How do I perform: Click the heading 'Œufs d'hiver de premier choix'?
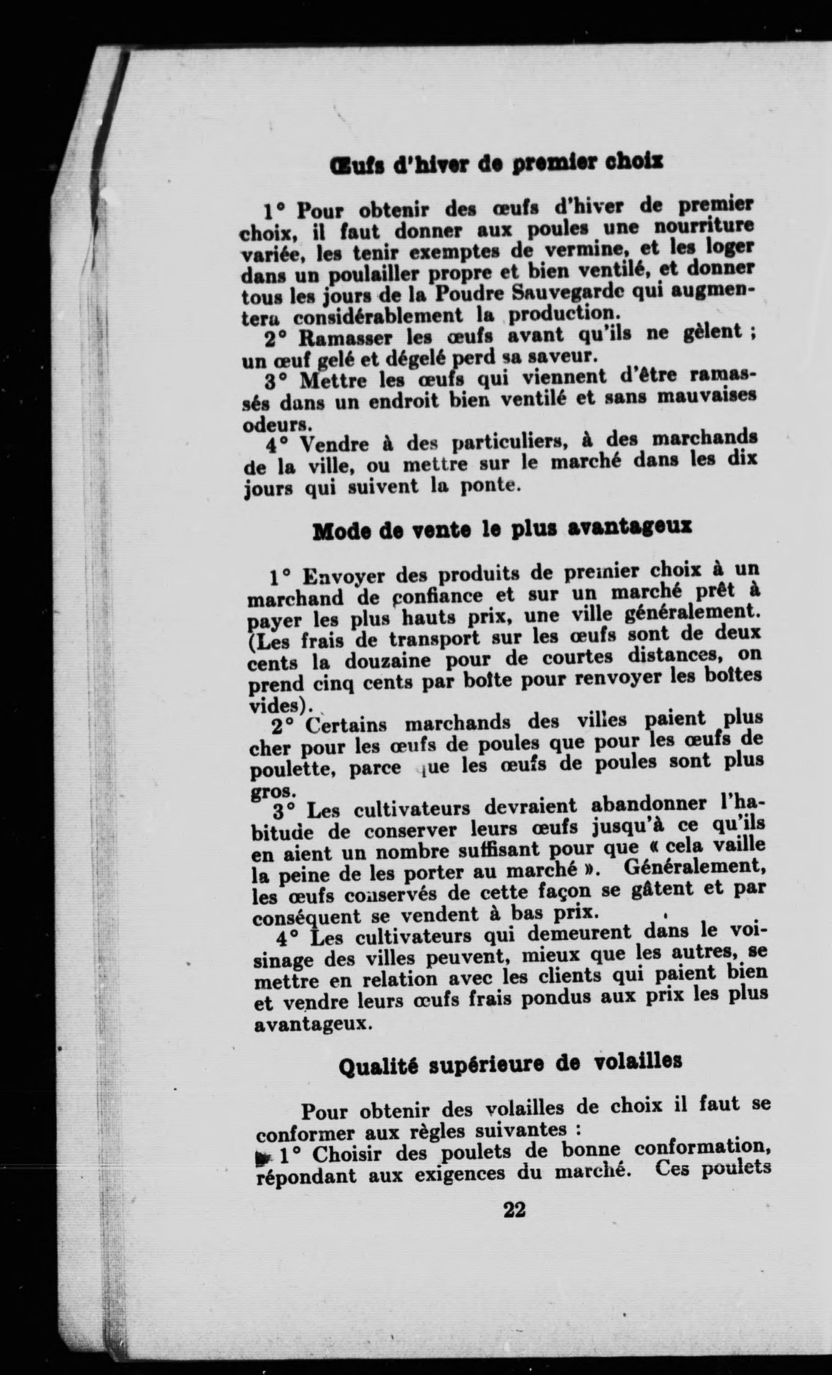[x=496, y=164]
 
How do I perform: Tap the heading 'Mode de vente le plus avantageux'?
[x=502, y=529]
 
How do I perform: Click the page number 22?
[x=514, y=1209]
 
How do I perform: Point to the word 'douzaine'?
[x=387, y=661]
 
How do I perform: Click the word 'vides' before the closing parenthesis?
[x=276, y=705]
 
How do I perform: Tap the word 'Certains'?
[x=346, y=725]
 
